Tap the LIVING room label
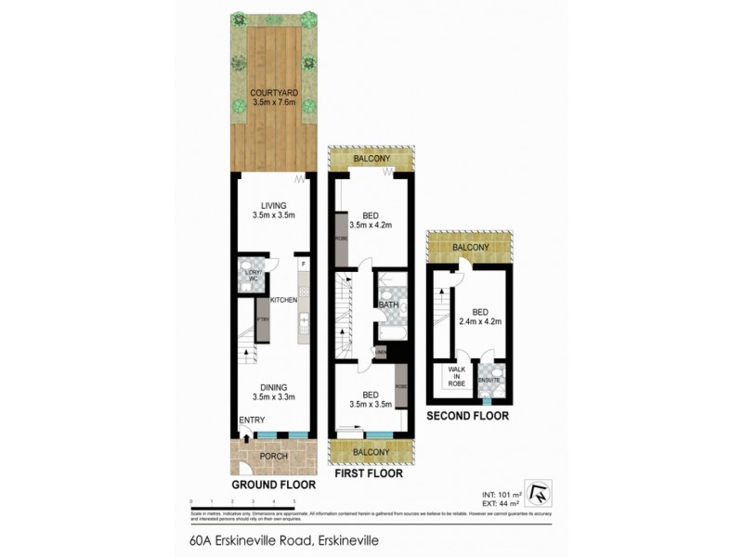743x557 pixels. point(273,205)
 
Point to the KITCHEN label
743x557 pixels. point(283,300)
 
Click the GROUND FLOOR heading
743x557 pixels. point(273,484)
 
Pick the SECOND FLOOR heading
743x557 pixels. point(467,416)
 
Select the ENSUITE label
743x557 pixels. point(489,380)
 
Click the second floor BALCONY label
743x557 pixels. point(469,247)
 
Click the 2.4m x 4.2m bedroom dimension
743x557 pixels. point(479,323)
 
